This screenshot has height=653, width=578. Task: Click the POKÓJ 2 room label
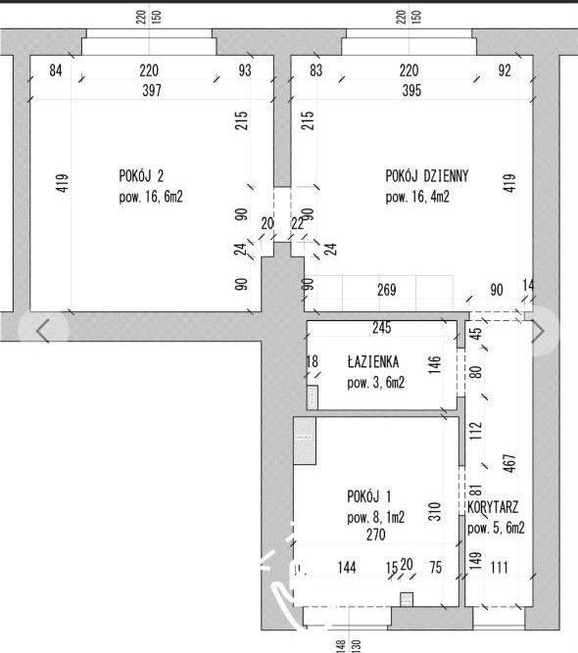pyautogui.click(x=141, y=176)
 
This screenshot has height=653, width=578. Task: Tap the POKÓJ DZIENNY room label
pyautogui.click(x=427, y=176)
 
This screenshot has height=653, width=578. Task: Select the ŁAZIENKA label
pyautogui.click(x=373, y=361)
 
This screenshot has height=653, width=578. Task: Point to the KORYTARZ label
pyautogui.click(x=493, y=507)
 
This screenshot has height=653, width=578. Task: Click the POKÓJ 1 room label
pyautogui.click(x=369, y=496)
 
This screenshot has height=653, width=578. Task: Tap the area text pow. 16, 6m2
pyautogui.click(x=151, y=197)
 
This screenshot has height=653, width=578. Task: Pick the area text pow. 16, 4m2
pyautogui.click(x=417, y=197)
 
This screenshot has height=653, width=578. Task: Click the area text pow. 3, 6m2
pyautogui.click(x=376, y=383)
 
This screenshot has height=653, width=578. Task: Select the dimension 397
pyautogui.click(x=152, y=90)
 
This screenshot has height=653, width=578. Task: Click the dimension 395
pyautogui.click(x=411, y=90)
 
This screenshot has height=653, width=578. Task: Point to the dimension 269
pyautogui.click(x=387, y=290)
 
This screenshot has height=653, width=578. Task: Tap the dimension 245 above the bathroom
pyautogui.click(x=382, y=328)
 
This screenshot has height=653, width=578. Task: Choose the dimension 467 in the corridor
pyautogui.click(x=509, y=463)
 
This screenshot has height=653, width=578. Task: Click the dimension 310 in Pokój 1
pyautogui.click(x=434, y=511)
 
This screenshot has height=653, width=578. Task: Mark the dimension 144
pyautogui.click(x=347, y=567)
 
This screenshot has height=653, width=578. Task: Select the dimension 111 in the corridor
pyautogui.click(x=500, y=567)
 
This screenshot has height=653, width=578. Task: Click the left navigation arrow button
pyautogui.click(x=43, y=331)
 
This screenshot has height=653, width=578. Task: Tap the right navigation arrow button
pyautogui.click(x=538, y=331)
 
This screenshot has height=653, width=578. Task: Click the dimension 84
pyautogui.click(x=56, y=70)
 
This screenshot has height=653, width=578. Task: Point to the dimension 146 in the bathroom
pyautogui.click(x=434, y=365)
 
